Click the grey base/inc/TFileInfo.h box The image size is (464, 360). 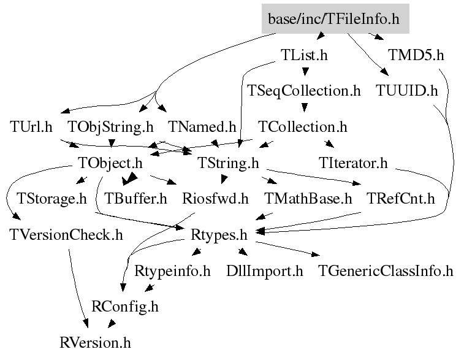tap(335, 18)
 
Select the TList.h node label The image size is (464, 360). tap(304, 55)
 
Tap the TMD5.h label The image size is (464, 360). tap(416, 55)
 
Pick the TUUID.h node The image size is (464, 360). tap(406, 91)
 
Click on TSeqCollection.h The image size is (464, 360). tap(304, 91)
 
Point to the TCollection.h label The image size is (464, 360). tap(302, 127)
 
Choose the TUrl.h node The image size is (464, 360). tap(31, 127)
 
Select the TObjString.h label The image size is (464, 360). tap(111, 128)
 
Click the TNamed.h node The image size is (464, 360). tap(202, 127)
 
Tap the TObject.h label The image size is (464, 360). tap(110, 163)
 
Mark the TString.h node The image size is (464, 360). tap(228, 163)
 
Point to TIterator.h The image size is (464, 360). tap(353, 163)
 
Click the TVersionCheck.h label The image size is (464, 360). tap(66, 235)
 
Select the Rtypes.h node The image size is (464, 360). tap(219, 235)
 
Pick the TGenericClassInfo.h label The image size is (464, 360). tap(386, 271)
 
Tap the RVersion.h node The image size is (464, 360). tap(95, 343)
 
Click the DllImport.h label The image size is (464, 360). tap(265, 271)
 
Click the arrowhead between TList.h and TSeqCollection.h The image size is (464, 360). tap(305, 71)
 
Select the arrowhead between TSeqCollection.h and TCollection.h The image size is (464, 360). tap(304, 107)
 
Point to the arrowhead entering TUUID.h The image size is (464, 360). tap(385, 72)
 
